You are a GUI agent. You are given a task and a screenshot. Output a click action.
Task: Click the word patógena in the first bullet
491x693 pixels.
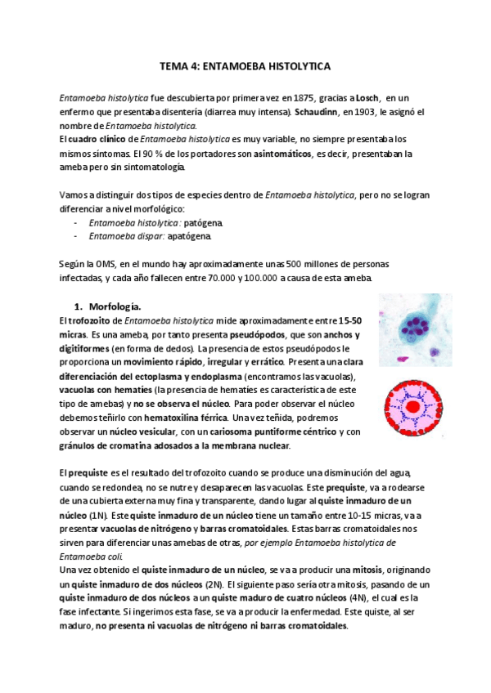(203, 222)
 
